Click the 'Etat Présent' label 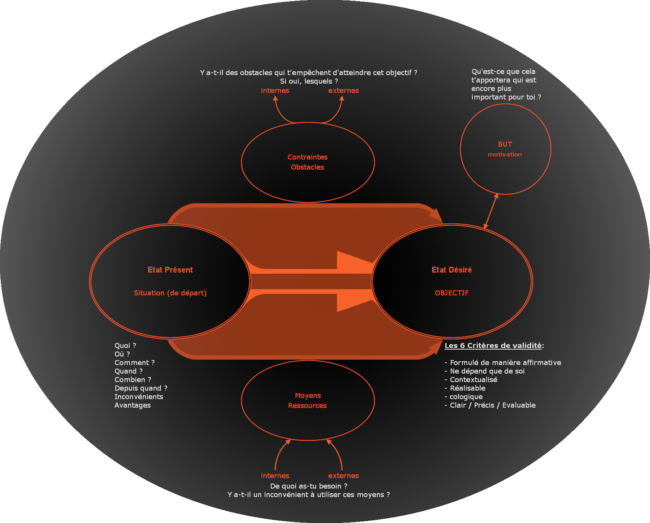click(170, 270)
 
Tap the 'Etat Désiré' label click(452, 270)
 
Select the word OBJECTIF click(452, 293)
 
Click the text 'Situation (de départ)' click(170, 293)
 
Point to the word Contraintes click(307, 157)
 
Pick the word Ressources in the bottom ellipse click(307, 406)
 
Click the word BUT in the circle click(505, 144)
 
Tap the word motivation click(505, 154)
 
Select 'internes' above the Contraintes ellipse click(275, 91)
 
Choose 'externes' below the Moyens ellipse click(344, 476)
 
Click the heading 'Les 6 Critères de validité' click(493, 346)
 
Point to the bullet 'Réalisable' click(467, 388)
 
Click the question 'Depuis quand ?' click(141, 388)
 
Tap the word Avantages click(133, 405)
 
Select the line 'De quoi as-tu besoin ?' click(308, 486)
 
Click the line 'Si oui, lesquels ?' click(309, 81)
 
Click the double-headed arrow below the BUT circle click(491, 211)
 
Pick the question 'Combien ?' click(133, 380)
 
